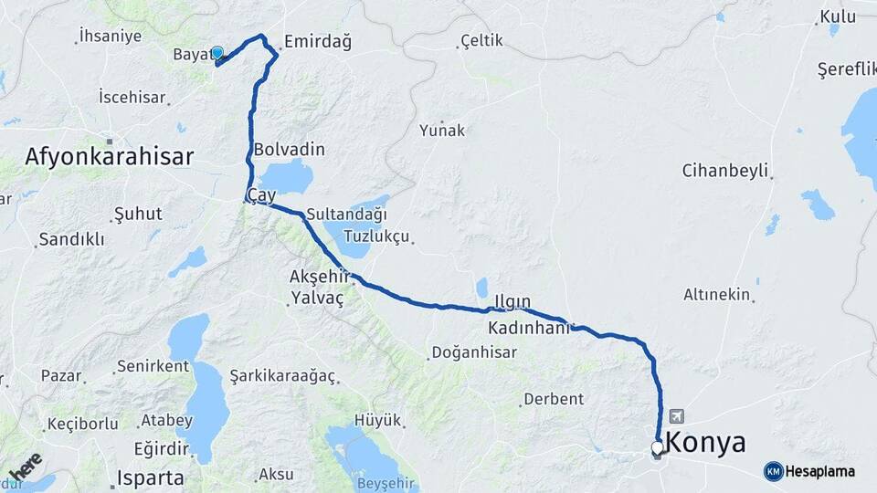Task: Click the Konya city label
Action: pyautogui.click(x=705, y=443)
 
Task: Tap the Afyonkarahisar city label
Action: pyautogui.click(x=109, y=156)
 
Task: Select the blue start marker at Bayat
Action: pyautogui.click(x=217, y=53)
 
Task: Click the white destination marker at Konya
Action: pyautogui.click(x=657, y=447)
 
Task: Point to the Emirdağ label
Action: pyautogui.click(x=317, y=41)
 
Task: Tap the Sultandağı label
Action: pyautogui.click(x=347, y=215)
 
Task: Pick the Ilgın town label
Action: pyautogui.click(x=512, y=302)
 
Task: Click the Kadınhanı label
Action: pyautogui.click(x=528, y=327)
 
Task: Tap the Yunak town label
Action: pyautogui.click(x=442, y=131)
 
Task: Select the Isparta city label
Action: pyautogui.click(x=151, y=477)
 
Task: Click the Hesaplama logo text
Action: pyautogui.click(x=819, y=471)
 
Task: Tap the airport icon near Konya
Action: pyautogui.click(x=676, y=414)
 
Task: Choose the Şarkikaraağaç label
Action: pyautogui.click(x=282, y=376)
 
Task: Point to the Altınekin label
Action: pyautogui.click(x=717, y=294)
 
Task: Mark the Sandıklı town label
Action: pyautogui.click(x=71, y=240)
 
